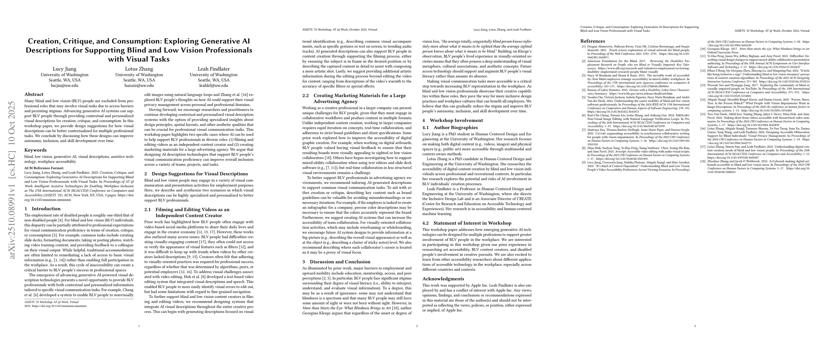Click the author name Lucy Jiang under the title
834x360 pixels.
tap(64, 69)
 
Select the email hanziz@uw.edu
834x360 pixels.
tap(139, 86)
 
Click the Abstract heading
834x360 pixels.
tap(34, 94)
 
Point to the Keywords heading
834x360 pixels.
tap(35, 150)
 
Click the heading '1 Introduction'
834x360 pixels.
tap(42, 209)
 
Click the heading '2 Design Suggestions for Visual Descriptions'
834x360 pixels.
tap(196, 174)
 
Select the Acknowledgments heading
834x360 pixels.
tap(443, 279)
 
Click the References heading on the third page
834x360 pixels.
tap(593, 41)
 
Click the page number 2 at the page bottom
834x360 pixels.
tap(417, 326)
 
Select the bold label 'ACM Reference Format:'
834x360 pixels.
tap(44, 168)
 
